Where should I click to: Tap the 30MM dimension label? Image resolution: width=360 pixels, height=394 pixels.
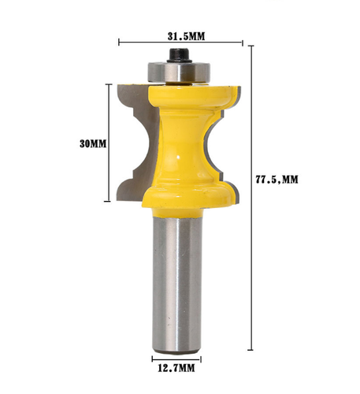91,143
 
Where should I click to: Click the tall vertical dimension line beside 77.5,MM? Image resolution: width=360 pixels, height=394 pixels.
252,197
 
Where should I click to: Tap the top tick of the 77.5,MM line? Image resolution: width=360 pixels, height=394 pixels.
252,46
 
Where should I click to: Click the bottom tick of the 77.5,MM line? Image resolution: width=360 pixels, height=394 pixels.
252,349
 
